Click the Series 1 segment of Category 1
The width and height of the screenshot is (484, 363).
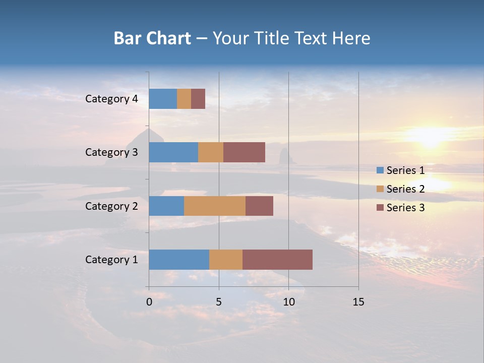click(x=179, y=260)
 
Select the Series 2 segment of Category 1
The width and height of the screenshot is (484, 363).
click(x=226, y=260)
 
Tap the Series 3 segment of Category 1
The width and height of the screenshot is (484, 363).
click(x=277, y=260)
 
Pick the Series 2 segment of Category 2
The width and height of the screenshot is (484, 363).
click(x=215, y=206)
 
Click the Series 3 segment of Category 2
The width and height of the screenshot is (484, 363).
click(x=259, y=206)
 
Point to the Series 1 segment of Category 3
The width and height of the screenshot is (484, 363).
click(x=173, y=152)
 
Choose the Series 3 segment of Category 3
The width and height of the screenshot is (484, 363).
click(x=244, y=152)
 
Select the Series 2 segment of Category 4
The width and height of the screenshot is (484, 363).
click(x=184, y=99)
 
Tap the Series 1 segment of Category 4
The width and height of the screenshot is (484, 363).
click(x=163, y=99)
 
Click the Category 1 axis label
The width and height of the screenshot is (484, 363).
click(x=111, y=260)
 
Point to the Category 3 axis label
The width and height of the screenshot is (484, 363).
click(x=111, y=152)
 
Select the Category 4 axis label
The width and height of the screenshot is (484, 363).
click(x=111, y=99)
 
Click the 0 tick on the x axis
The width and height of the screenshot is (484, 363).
click(x=149, y=302)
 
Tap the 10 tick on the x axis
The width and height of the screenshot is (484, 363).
click(x=288, y=302)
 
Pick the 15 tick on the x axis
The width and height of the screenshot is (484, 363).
click(x=358, y=302)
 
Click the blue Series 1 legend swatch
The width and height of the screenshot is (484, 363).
click(x=380, y=170)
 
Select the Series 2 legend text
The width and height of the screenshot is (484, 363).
click(x=405, y=189)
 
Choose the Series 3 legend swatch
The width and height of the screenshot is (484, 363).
click(x=380, y=208)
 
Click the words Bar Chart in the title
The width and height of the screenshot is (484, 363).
click(x=152, y=38)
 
